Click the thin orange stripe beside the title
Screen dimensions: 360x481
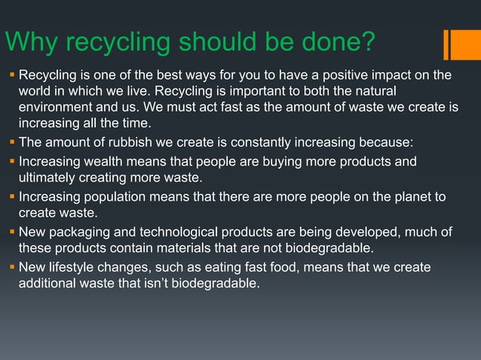click(446, 43)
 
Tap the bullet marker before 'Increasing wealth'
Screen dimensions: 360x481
click(11, 161)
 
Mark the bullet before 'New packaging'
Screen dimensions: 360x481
click(11, 233)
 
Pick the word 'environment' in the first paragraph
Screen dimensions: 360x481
click(53, 108)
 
